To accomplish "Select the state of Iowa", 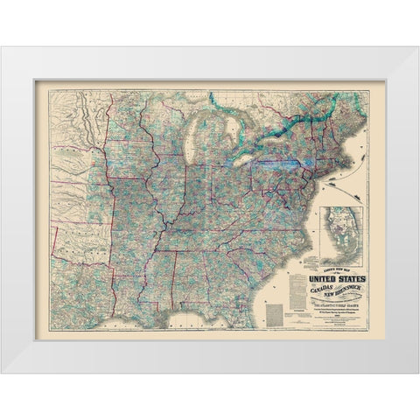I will (x=140, y=166).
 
